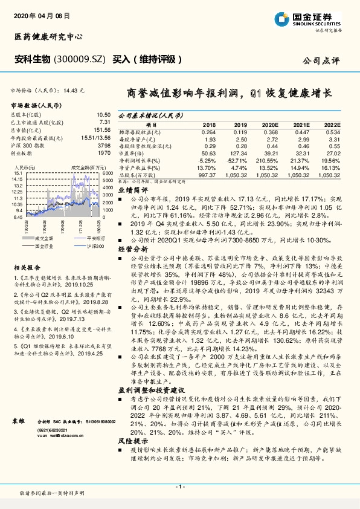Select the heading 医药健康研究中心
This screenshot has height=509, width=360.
coord(48,37)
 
